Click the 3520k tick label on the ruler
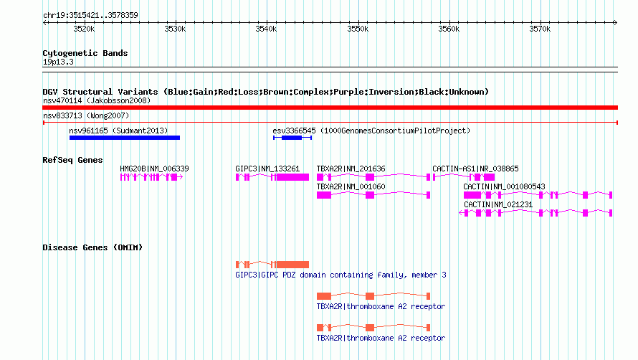(84, 29)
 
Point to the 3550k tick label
(358, 29)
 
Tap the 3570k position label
(540, 29)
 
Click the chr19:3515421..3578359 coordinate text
(90, 15)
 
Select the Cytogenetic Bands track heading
(85, 53)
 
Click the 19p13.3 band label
(58, 62)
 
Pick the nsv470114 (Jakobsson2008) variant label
(97, 100)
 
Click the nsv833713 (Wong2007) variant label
(86, 115)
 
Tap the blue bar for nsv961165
(125, 138)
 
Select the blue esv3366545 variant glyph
(292, 138)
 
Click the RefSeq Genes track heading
(72, 160)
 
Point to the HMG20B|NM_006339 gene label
(154, 169)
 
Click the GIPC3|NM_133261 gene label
(267, 169)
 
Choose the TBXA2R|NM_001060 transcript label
(351, 186)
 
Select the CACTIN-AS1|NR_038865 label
(475, 169)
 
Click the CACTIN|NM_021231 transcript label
(498, 204)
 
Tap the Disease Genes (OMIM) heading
(92, 247)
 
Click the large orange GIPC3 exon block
(292, 265)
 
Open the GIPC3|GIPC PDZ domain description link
(341, 275)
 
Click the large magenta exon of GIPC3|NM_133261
(292, 177)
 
